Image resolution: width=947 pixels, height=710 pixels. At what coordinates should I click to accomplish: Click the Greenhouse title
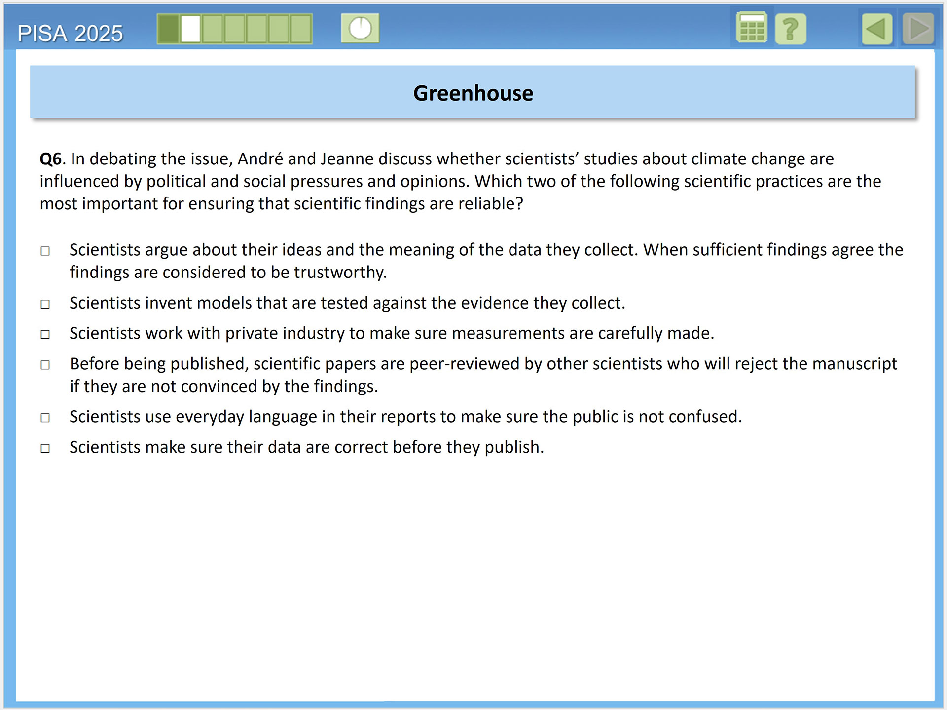473,93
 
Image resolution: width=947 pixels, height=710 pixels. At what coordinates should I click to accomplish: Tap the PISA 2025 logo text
70,34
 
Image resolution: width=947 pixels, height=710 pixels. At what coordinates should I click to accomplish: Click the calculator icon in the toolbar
751,28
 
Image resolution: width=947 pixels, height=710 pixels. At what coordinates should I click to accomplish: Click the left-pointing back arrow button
876,29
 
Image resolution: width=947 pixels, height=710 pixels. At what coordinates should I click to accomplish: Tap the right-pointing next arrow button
918,29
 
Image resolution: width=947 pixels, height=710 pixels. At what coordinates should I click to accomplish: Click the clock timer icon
360,28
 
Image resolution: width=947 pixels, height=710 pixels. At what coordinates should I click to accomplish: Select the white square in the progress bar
190,29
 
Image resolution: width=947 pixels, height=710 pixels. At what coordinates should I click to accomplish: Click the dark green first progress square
169,29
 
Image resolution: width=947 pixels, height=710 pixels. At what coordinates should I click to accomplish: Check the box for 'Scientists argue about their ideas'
45,251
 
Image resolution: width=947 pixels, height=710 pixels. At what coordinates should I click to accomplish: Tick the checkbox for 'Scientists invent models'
45,304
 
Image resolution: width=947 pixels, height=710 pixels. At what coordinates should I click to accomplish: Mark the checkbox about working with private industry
45,335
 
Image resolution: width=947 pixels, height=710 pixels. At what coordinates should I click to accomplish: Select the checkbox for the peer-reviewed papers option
45,365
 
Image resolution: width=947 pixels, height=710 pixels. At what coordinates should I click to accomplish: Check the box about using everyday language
45,418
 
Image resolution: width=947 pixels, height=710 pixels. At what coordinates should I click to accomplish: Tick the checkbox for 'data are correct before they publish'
45,449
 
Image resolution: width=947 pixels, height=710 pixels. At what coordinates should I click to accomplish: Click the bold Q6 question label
51,159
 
